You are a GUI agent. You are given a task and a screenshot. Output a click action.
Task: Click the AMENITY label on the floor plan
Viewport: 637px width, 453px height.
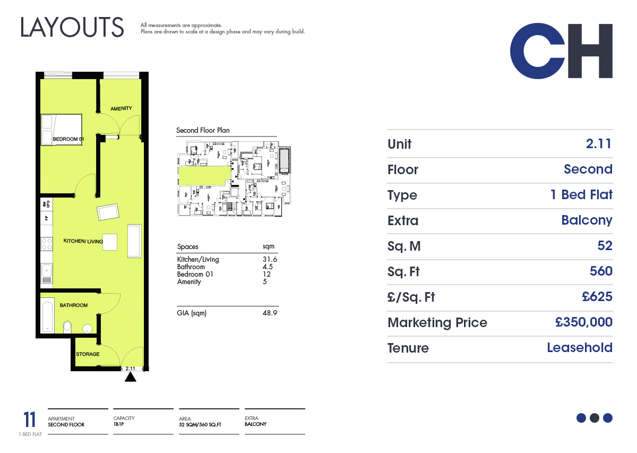tap(121, 108)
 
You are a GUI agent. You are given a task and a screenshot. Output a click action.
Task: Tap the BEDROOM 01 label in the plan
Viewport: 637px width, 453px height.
tap(68, 139)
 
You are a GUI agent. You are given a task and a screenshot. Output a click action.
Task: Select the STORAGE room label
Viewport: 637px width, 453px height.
tap(88, 354)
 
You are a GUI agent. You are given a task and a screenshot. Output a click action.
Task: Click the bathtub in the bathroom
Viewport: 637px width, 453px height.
tap(47, 315)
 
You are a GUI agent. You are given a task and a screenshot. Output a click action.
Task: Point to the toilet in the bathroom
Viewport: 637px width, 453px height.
tap(67, 327)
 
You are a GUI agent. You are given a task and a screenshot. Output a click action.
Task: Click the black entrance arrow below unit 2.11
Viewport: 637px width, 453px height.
tap(131, 377)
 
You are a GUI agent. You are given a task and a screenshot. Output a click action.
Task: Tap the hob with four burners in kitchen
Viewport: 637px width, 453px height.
tap(47, 244)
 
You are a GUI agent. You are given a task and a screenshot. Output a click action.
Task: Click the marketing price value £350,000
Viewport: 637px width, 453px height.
tap(583, 322)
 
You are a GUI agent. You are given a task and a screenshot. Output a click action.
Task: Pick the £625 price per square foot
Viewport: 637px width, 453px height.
tap(597, 296)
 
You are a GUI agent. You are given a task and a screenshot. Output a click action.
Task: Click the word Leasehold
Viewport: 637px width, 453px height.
tap(580, 347)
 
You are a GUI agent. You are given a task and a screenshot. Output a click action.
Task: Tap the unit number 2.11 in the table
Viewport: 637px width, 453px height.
tap(598, 144)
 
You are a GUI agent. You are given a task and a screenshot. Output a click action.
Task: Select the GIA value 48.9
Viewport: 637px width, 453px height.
tap(270, 313)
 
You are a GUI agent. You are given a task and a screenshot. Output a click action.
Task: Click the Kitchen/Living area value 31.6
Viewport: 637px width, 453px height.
tap(270, 259)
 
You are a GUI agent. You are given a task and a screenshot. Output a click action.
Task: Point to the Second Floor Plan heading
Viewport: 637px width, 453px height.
tap(203, 130)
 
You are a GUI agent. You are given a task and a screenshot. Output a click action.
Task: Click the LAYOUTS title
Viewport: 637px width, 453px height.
tap(72, 27)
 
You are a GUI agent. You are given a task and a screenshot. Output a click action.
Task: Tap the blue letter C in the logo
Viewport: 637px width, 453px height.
tap(537, 51)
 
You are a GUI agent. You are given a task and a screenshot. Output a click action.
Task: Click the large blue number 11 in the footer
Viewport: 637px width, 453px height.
tap(29, 420)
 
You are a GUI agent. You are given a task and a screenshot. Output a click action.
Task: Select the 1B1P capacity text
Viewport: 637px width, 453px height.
tap(118, 424)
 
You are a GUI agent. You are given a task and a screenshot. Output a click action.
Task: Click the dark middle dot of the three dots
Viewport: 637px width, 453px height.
tap(595, 418)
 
